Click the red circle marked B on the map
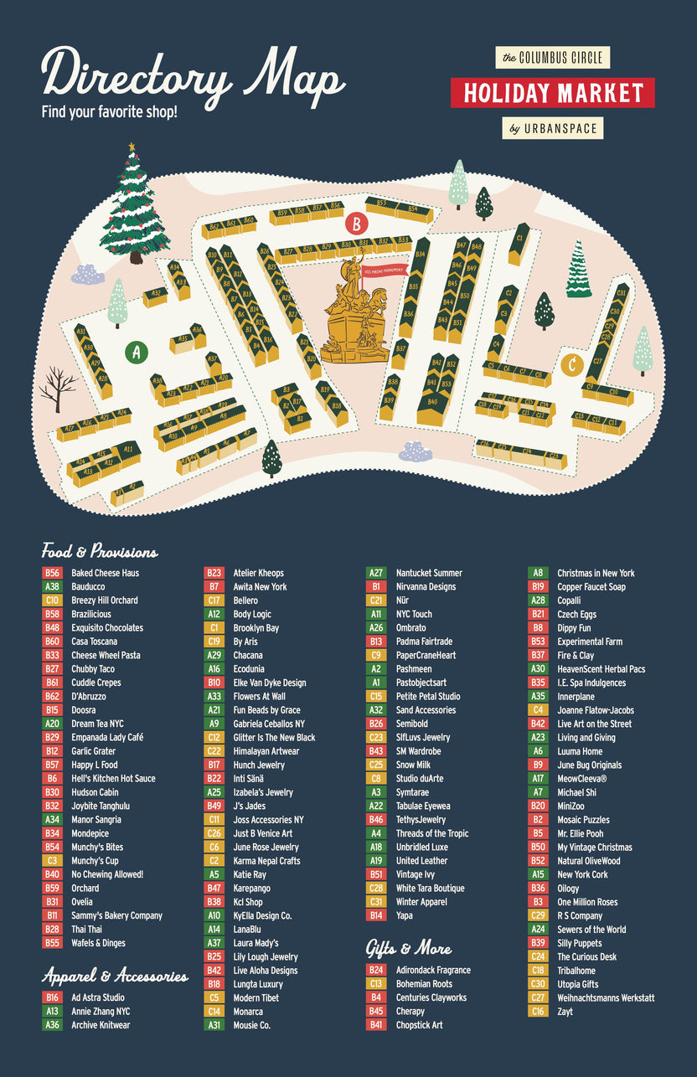(x=357, y=224)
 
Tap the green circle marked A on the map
(x=136, y=352)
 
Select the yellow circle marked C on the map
(x=572, y=365)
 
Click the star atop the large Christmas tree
(x=132, y=147)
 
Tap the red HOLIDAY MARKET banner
(x=553, y=93)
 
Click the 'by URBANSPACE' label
(x=553, y=128)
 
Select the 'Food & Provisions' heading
(x=100, y=551)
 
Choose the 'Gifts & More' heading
(x=409, y=948)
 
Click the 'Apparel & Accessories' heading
(x=115, y=976)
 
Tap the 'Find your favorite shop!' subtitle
(x=110, y=111)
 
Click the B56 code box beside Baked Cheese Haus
(x=52, y=573)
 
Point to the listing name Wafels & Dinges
(x=98, y=943)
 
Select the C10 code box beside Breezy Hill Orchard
(x=52, y=600)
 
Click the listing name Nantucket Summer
(x=429, y=573)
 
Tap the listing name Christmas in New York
(x=596, y=573)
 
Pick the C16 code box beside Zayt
(x=538, y=1012)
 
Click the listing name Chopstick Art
(x=419, y=1025)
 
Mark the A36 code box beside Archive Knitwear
(x=52, y=1025)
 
